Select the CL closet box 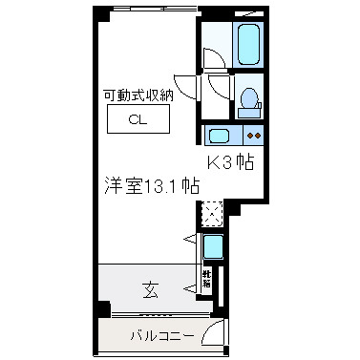click(138, 120)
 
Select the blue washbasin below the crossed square click(213, 247)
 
